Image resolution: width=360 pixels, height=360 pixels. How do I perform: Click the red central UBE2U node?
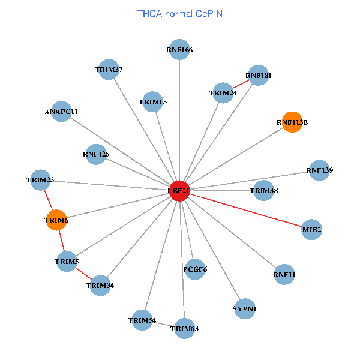(179, 190)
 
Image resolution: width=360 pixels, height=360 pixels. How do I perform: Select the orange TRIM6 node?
(57, 220)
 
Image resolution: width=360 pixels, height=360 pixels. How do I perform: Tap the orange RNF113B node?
(292, 122)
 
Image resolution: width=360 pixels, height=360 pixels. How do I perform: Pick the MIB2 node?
(311, 229)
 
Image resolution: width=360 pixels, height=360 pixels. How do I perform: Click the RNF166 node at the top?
(179, 50)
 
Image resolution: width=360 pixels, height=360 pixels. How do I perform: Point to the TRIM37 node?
(108, 70)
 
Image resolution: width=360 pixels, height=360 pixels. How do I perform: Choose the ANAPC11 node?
(61, 112)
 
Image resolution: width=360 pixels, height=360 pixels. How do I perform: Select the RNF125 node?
(96, 154)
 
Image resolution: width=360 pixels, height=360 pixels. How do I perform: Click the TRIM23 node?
(41, 179)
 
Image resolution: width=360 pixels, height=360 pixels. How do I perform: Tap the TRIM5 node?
(67, 262)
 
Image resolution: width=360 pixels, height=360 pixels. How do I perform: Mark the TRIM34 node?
(100, 285)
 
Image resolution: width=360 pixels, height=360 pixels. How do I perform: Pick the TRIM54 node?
(142, 320)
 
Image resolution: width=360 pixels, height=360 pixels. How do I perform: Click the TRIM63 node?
(184, 328)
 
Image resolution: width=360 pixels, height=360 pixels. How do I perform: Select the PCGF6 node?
(195, 269)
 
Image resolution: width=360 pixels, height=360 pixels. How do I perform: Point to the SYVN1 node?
(244, 308)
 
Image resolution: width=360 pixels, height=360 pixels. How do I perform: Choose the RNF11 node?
(284, 275)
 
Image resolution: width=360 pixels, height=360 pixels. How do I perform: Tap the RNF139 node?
(319, 170)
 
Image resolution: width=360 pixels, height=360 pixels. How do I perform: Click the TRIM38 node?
(263, 191)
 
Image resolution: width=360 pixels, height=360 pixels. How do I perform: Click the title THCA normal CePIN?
(180, 13)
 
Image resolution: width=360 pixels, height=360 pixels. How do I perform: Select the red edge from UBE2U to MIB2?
(246, 210)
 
